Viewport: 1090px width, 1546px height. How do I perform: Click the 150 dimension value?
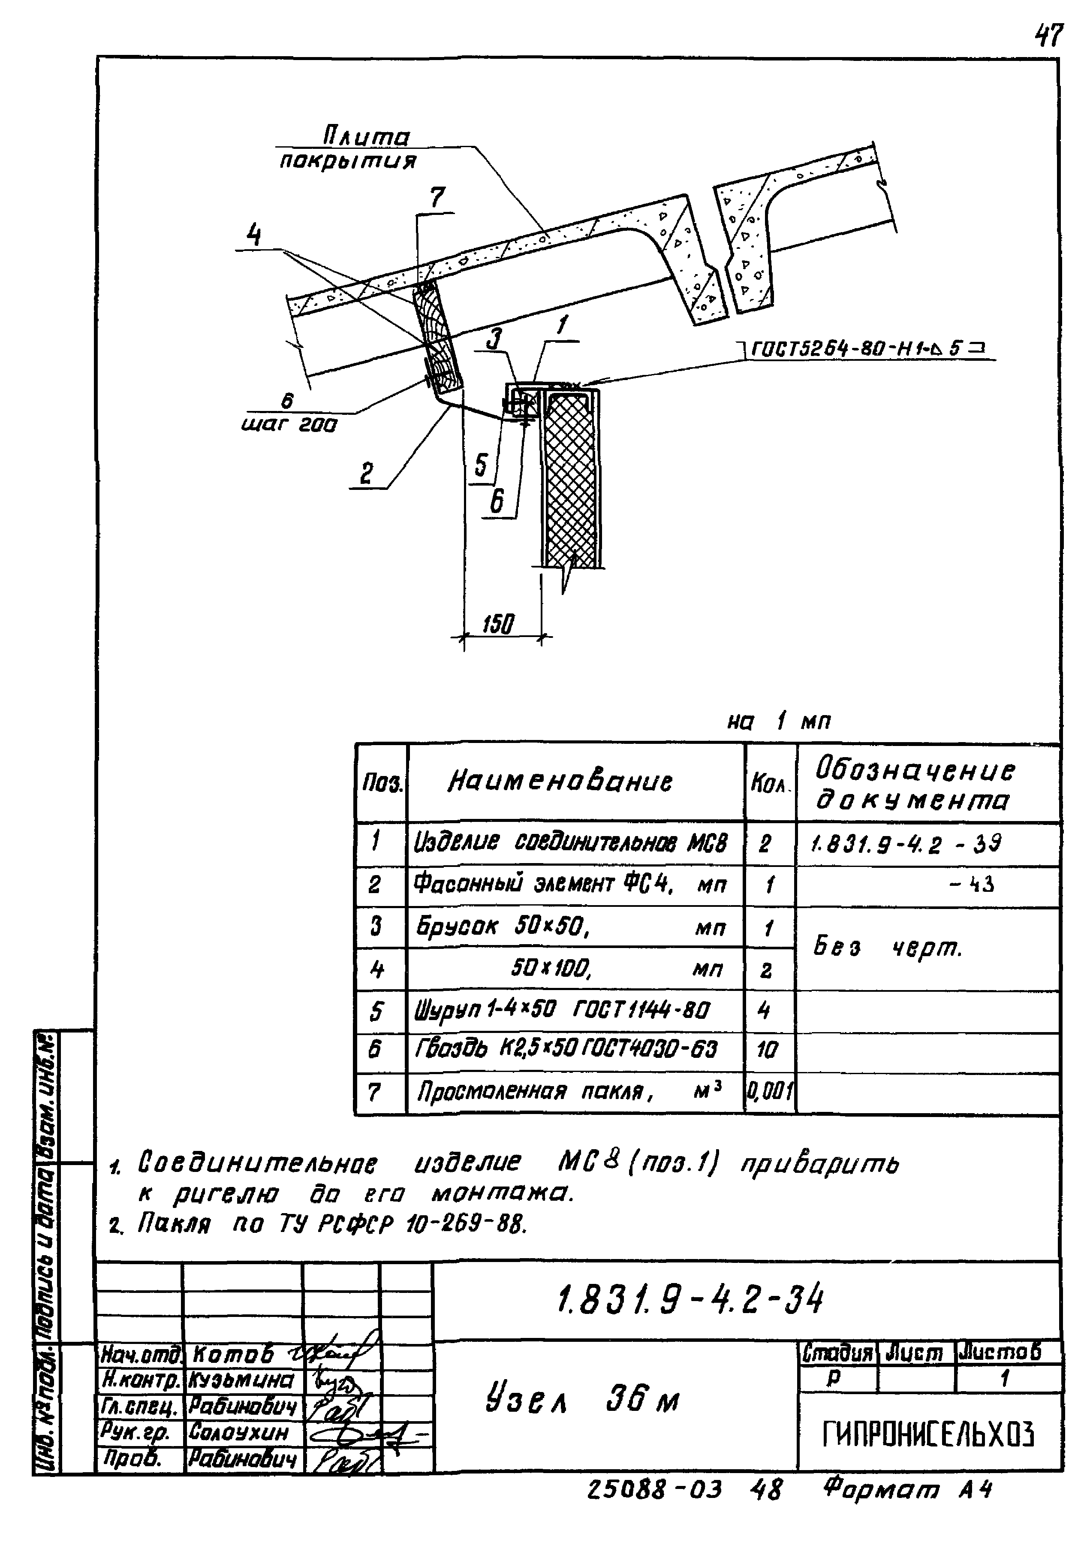coord(499,624)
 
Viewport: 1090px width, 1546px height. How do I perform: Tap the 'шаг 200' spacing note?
coord(289,425)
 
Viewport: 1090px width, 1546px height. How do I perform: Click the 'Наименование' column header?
coord(560,781)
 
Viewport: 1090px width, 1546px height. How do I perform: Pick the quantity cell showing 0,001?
coord(770,1090)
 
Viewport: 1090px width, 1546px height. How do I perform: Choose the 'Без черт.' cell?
coord(889,948)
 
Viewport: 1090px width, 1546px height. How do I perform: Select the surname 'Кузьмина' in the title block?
coord(242,1381)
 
